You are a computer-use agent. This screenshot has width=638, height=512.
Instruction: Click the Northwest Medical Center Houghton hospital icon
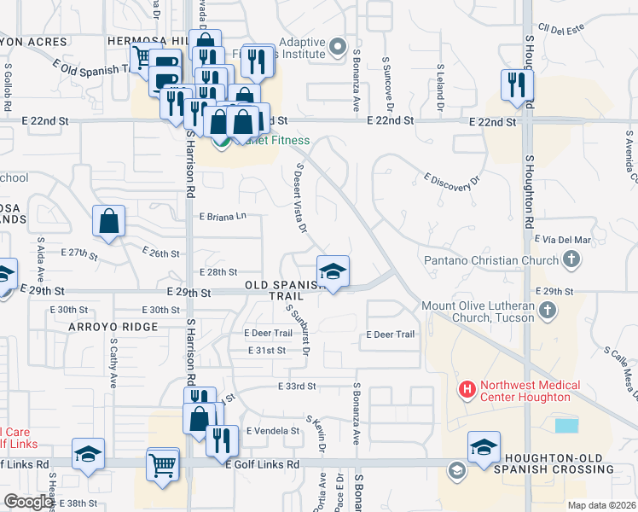point(467,390)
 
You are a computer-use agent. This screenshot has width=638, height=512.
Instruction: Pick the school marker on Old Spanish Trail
point(333,271)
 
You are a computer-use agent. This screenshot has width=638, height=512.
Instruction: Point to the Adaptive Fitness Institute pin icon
point(339,47)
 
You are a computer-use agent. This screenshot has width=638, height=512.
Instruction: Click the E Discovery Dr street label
point(452,183)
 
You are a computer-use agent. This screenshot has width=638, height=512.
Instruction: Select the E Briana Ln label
point(223,216)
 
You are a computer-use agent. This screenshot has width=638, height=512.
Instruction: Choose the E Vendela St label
point(272,431)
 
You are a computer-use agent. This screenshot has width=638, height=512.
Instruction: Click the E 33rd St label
point(296,387)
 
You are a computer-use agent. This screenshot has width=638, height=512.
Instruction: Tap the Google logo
point(28,502)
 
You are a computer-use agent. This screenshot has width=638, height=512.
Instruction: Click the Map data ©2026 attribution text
point(601,505)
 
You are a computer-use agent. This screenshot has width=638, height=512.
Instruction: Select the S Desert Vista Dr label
point(300,198)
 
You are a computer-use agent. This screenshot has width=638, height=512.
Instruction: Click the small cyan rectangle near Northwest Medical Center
point(565,425)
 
